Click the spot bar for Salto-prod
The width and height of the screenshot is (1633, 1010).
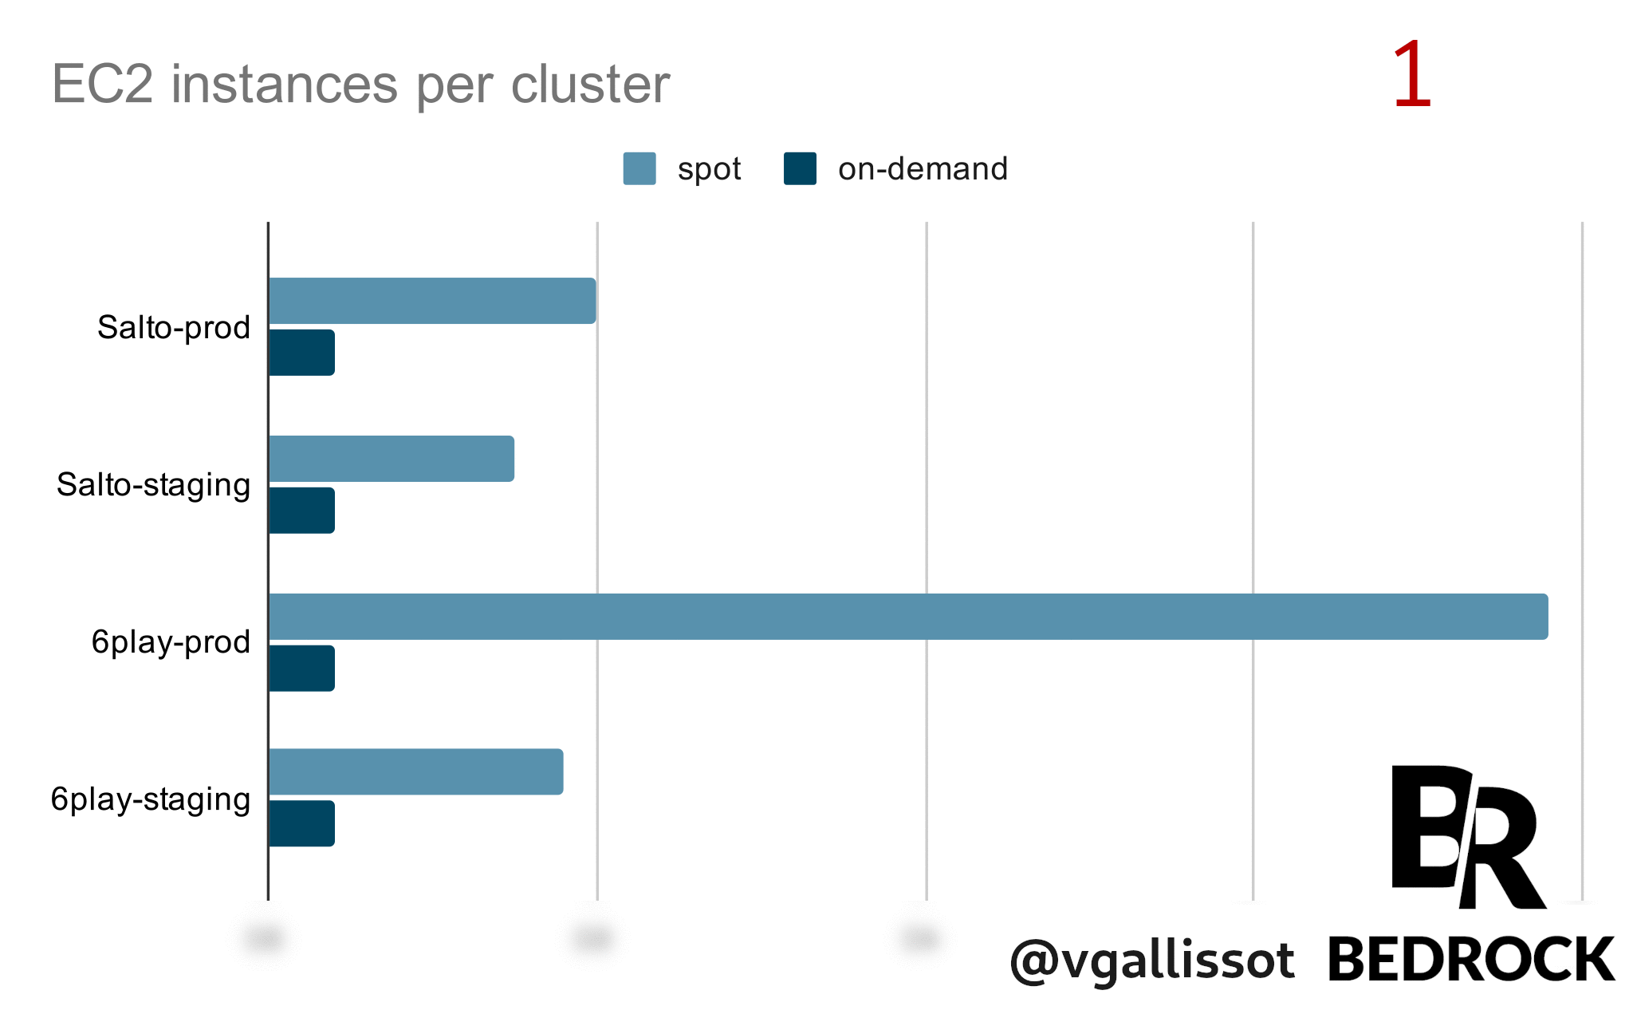pyautogui.click(x=432, y=301)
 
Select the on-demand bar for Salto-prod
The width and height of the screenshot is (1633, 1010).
pyautogui.click(x=301, y=353)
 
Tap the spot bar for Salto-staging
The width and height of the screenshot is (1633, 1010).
pyautogui.click(x=392, y=459)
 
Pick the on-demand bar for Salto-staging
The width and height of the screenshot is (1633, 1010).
pyautogui.click(x=301, y=511)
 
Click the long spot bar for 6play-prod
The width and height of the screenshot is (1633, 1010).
pyautogui.click(x=908, y=617)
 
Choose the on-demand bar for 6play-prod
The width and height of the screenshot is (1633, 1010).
pyautogui.click(x=301, y=669)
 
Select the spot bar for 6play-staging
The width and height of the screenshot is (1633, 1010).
pyautogui.click(x=415, y=771)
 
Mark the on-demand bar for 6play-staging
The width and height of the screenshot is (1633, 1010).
pyautogui.click(x=301, y=823)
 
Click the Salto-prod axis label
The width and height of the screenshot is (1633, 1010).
pyautogui.click(x=174, y=327)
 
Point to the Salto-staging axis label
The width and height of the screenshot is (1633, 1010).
pyautogui.click(x=153, y=485)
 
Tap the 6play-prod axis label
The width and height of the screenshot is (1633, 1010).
pyautogui.click(x=171, y=642)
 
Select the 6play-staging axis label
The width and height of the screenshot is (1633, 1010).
pyautogui.click(x=151, y=799)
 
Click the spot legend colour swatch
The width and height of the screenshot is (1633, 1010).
pyautogui.click(x=639, y=168)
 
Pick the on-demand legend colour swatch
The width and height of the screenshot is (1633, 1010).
pyautogui.click(x=800, y=168)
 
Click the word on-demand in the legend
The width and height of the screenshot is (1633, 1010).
pyautogui.click(x=923, y=169)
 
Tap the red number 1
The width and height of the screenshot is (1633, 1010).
pyautogui.click(x=1411, y=76)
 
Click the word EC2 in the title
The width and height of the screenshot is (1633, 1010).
pyautogui.click(x=102, y=84)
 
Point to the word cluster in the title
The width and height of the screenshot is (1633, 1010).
pyautogui.click(x=590, y=84)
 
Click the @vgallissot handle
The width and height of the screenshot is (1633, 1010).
pyautogui.click(x=1151, y=960)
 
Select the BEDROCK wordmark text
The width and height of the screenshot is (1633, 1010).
pyautogui.click(x=1471, y=960)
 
